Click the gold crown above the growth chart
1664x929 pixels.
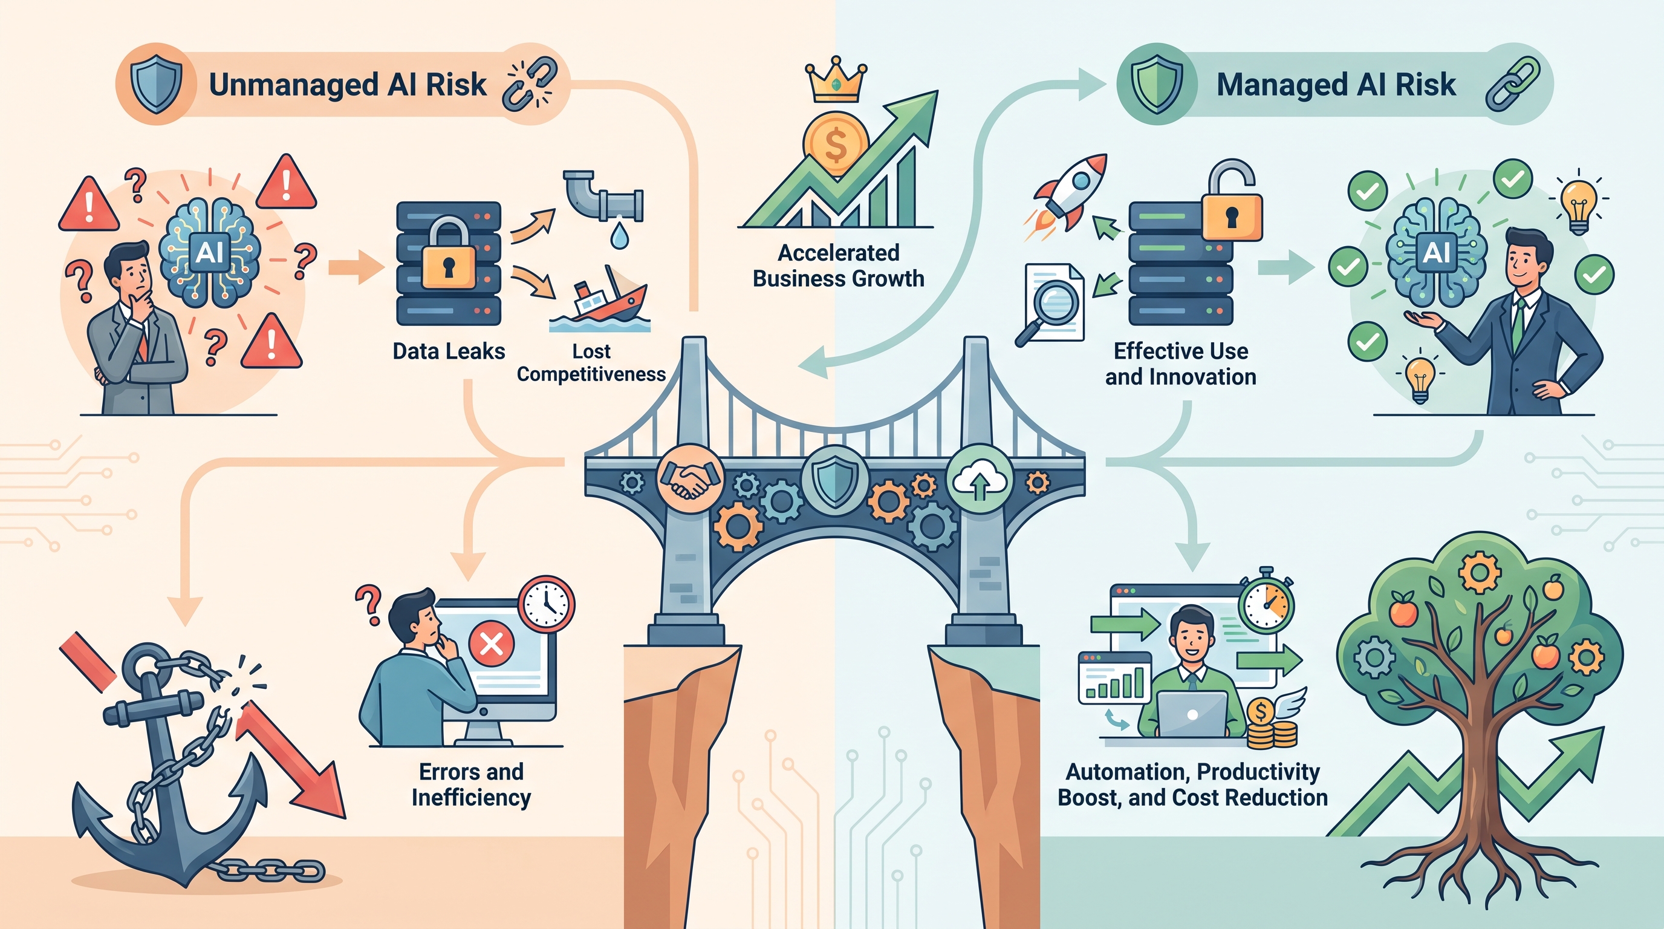click(x=836, y=79)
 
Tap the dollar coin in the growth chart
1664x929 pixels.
click(x=835, y=144)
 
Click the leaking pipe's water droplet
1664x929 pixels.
click(x=620, y=236)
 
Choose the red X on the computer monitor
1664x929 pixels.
click(x=491, y=643)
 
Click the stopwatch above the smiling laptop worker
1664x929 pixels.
click(x=1266, y=602)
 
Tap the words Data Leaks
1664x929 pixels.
click(x=449, y=351)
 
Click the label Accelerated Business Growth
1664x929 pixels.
click(x=839, y=266)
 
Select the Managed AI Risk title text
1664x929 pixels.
click(x=1336, y=85)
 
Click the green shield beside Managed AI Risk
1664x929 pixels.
click(x=1157, y=84)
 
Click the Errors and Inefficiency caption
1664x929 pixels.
click(x=471, y=784)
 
